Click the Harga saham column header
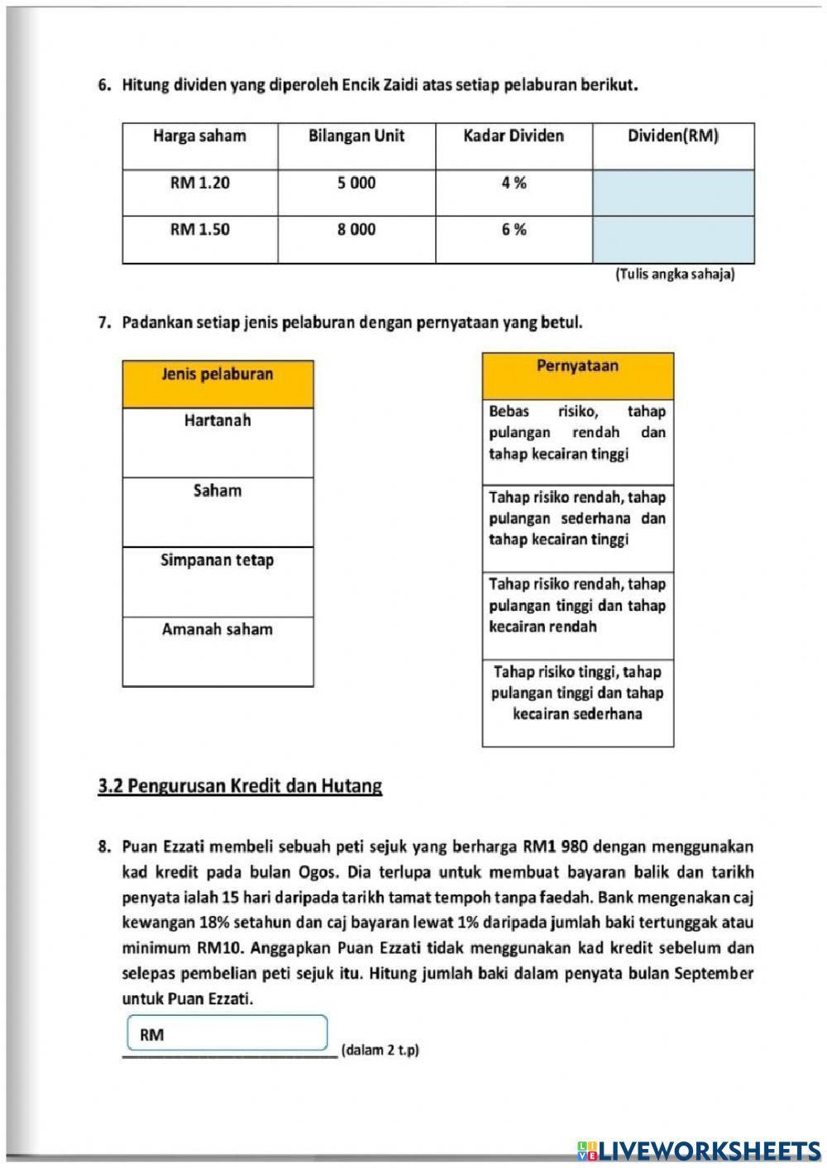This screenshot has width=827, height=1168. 199,136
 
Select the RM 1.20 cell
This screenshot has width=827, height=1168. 199,184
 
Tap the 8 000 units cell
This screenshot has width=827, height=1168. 356,230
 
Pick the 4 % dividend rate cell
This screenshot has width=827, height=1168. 514,184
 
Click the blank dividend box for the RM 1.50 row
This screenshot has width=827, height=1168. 672,240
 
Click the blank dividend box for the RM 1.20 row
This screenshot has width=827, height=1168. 672,193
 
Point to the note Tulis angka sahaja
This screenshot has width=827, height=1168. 674,274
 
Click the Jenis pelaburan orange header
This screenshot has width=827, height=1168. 218,374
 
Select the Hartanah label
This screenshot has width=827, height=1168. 218,421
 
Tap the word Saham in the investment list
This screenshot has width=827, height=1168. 218,491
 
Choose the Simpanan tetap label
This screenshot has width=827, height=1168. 218,560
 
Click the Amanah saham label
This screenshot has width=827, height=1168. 218,630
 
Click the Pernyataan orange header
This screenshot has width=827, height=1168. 577,366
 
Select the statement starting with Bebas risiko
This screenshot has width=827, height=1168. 577,432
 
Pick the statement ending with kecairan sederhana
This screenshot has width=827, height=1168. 577,693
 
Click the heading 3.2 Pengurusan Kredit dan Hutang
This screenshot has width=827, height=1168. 240,786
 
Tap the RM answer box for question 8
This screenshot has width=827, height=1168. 227,1034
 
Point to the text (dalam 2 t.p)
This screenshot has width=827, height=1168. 380,1051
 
